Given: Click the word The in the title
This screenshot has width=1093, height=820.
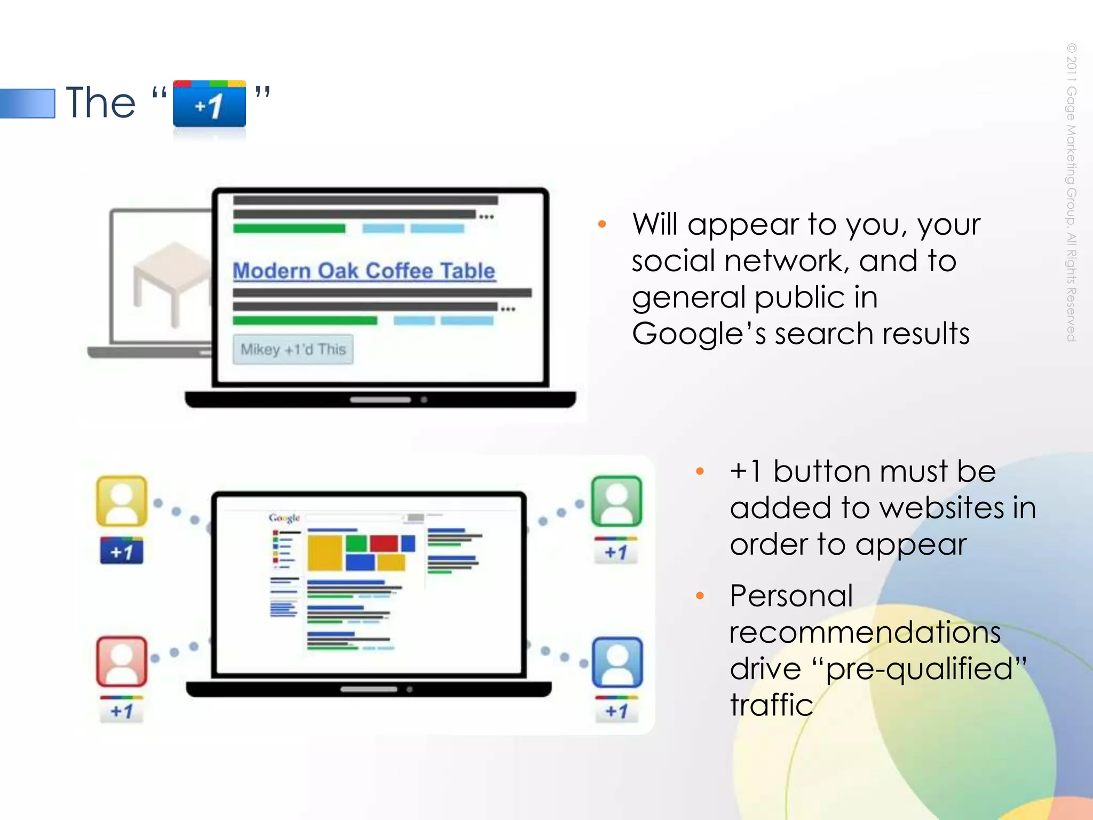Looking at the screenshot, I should [100, 102].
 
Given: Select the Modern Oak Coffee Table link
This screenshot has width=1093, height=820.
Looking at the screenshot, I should [364, 271].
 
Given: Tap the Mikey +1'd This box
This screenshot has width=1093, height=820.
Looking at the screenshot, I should [293, 350].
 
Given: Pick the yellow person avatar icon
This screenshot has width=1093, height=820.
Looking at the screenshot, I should [122, 501].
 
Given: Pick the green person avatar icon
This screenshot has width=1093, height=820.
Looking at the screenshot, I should [616, 501].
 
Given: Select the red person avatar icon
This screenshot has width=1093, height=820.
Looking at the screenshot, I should [122, 661].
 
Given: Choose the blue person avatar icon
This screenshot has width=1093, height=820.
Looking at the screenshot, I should [617, 662].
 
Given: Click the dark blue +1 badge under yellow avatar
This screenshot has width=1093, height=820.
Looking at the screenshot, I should [122, 551].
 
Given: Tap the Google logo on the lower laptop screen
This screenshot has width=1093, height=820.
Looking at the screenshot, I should [284, 518].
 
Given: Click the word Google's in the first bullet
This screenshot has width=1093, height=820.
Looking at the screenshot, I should [699, 334].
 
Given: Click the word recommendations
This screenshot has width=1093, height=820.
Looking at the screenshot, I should [865, 633].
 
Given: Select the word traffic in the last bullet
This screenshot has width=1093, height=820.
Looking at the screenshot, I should [771, 705].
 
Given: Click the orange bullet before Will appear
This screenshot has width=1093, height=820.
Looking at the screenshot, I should [602, 224].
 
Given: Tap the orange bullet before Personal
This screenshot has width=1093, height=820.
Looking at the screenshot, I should [700, 596].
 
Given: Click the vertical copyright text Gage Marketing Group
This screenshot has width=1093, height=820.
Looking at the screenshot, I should [1071, 192].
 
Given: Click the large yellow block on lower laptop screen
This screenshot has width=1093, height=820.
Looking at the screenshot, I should [324, 553].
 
